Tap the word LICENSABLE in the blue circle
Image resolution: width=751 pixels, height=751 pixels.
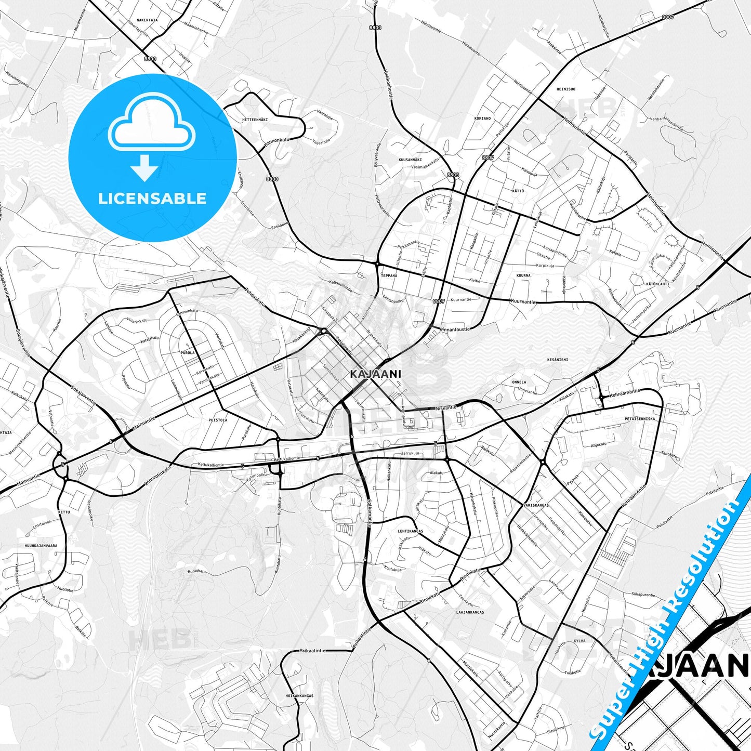pos(152,199)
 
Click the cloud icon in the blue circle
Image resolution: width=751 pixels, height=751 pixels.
pos(152,124)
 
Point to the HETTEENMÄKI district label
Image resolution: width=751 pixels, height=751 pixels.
pos(255,120)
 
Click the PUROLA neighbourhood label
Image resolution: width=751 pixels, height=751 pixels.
pos(188,352)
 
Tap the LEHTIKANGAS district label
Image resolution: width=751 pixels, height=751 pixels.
pos(410,531)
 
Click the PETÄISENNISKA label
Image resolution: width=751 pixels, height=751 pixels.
pos(640,418)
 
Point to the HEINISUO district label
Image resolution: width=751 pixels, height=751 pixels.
pos(566,89)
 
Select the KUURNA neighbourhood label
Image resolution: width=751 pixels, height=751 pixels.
pos(523,275)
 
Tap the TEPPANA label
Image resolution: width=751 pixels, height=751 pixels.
pos(389,275)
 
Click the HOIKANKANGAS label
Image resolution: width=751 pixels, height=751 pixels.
pos(299,695)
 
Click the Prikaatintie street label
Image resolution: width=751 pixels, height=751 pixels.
pos(312,651)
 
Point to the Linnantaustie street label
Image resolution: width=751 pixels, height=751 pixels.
pos(455,329)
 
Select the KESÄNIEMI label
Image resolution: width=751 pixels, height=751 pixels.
pos(558,359)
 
